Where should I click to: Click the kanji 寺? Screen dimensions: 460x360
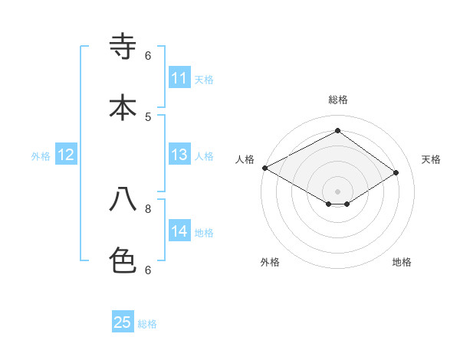(x=123, y=48)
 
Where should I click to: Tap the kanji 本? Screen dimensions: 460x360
(x=123, y=108)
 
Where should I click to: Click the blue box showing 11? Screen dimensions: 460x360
(x=179, y=78)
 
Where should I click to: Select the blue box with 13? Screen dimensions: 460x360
(x=179, y=155)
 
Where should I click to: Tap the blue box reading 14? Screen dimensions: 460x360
(x=179, y=231)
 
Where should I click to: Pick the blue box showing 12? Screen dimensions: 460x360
(x=66, y=155)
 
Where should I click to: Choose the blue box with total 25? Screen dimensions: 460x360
(x=123, y=322)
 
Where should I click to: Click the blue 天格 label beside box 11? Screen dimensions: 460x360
(x=204, y=79)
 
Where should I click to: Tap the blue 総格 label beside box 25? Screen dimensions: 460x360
(x=147, y=324)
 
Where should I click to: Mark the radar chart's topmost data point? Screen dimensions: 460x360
(x=337, y=130)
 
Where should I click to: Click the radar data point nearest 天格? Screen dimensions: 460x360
(x=396, y=172)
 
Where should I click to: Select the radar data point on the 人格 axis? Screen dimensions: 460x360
(x=264, y=168)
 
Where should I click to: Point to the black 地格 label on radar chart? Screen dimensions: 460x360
(x=402, y=262)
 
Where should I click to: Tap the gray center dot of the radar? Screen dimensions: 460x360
(x=337, y=191)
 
